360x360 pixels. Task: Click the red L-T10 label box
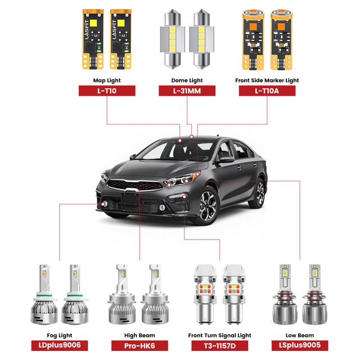(x=107, y=91)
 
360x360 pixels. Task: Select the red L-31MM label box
(x=187, y=91)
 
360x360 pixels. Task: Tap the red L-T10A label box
(x=267, y=91)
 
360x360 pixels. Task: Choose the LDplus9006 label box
(x=60, y=345)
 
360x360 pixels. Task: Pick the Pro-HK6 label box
(x=139, y=345)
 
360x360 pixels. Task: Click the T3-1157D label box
(x=220, y=345)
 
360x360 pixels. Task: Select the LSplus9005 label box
(x=300, y=345)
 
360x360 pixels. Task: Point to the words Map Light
(x=107, y=80)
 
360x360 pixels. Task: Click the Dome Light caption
(x=187, y=80)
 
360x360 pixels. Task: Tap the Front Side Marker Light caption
(x=267, y=80)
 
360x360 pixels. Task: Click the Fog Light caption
(x=60, y=335)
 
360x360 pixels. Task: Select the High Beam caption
(x=139, y=335)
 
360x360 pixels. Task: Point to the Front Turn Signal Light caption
(x=220, y=335)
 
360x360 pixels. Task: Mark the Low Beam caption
(x=300, y=335)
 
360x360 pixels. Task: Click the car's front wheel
(x=207, y=206)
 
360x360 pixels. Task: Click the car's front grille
(x=135, y=185)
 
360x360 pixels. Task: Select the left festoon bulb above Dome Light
(x=173, y=39)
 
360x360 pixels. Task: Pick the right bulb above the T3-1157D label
(x=234, y=294)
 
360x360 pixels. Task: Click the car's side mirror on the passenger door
(x=226, y=159)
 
